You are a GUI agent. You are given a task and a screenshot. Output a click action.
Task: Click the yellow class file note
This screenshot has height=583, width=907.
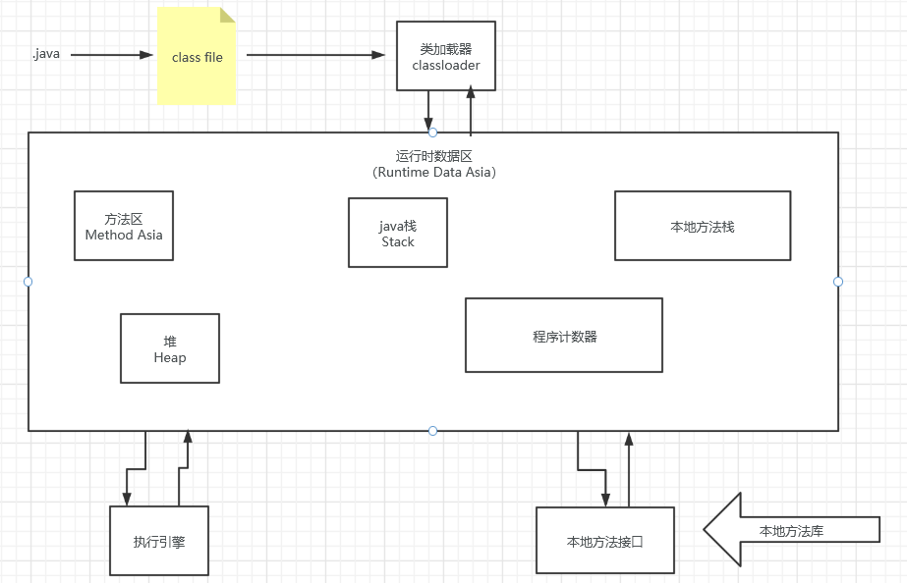[197, 57]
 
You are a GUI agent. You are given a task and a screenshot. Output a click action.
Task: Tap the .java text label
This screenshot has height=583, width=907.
[45, 54]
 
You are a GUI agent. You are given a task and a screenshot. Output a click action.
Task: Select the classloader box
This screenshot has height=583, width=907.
[446, 56]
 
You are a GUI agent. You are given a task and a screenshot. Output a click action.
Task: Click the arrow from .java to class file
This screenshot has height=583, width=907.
[108, 55]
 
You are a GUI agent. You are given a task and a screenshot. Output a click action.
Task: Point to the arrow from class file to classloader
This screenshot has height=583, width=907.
[314, 55]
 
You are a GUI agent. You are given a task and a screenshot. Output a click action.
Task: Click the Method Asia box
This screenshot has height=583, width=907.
[124, 226]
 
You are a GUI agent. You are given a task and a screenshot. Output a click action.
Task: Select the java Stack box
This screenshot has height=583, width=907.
[398, 233]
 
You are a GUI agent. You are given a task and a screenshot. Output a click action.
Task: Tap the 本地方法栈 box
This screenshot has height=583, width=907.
[703, 226]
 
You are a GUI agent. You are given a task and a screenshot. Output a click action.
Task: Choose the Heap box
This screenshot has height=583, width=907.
[170, 348]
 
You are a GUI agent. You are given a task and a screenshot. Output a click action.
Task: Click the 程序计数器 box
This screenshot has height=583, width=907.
[564, 336]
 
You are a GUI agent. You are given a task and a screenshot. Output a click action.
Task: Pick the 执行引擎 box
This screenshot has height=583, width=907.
[159, 541]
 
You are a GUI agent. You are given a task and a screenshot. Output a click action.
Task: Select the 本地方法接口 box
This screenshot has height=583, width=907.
[605, 541]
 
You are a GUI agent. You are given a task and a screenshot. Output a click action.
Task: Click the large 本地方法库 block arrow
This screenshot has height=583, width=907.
[786, 530]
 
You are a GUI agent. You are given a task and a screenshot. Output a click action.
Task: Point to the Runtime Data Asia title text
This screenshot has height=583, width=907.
[433, 164]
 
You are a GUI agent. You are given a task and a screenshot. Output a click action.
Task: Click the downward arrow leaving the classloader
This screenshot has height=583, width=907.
[429, 109]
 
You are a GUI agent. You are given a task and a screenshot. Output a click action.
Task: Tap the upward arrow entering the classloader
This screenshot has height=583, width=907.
[471, 109]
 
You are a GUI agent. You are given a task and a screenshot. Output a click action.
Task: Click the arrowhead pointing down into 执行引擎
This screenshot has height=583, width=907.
[127, 498]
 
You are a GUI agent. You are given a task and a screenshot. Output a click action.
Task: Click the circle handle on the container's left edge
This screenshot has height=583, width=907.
[28, 282]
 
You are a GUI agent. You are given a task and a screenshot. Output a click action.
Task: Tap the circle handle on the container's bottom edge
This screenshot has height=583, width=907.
[432, 431]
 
